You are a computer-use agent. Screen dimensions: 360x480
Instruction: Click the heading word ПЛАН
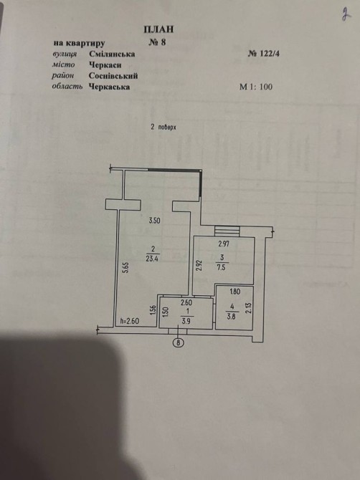click(x=158, y=29)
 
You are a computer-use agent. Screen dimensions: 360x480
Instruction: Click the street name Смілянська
click(x=112, y=54)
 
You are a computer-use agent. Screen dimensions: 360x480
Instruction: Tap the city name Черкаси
click(x=105, y=65)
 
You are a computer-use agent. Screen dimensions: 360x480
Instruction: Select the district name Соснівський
click(x=113, y=76)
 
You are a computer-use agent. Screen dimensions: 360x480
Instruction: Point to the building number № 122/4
click(x=263, y=54)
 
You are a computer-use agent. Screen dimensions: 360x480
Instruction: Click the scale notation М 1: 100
click(x=256, y=87)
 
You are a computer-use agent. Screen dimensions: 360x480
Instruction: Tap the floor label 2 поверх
click(x=164, y=127)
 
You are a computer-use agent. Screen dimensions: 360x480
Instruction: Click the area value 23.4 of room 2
click(x=153, y=259)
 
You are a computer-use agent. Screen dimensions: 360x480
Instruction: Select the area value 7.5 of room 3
click(x=221, y=267)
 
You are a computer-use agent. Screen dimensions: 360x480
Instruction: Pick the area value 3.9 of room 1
click(x=186, y=322)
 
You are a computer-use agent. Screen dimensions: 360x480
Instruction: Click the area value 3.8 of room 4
click(x=231, y=317)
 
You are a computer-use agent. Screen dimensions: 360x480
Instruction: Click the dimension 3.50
click(x=154, y=221)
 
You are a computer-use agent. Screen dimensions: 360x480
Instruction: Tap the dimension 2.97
click(x=224, y=244)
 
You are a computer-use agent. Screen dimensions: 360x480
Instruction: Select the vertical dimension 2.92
click(x=199, y=265)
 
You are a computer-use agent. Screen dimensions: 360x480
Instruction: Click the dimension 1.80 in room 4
click(x=235, y=292)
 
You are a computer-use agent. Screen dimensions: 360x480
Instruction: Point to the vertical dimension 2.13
click(x=248, y=308)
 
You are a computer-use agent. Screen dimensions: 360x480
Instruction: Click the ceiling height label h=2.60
click(x=130, y=321)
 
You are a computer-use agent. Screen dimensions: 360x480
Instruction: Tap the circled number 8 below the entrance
click(x=179, y=343)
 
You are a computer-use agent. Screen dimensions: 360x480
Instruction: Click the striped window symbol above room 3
click(x=227, y=231)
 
